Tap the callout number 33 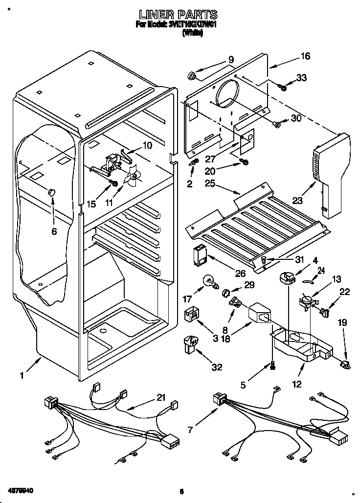(301, 77)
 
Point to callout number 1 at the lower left (21, 376)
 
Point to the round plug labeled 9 (192, 75)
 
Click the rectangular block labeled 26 (200, 254)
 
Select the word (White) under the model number (192, 33)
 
